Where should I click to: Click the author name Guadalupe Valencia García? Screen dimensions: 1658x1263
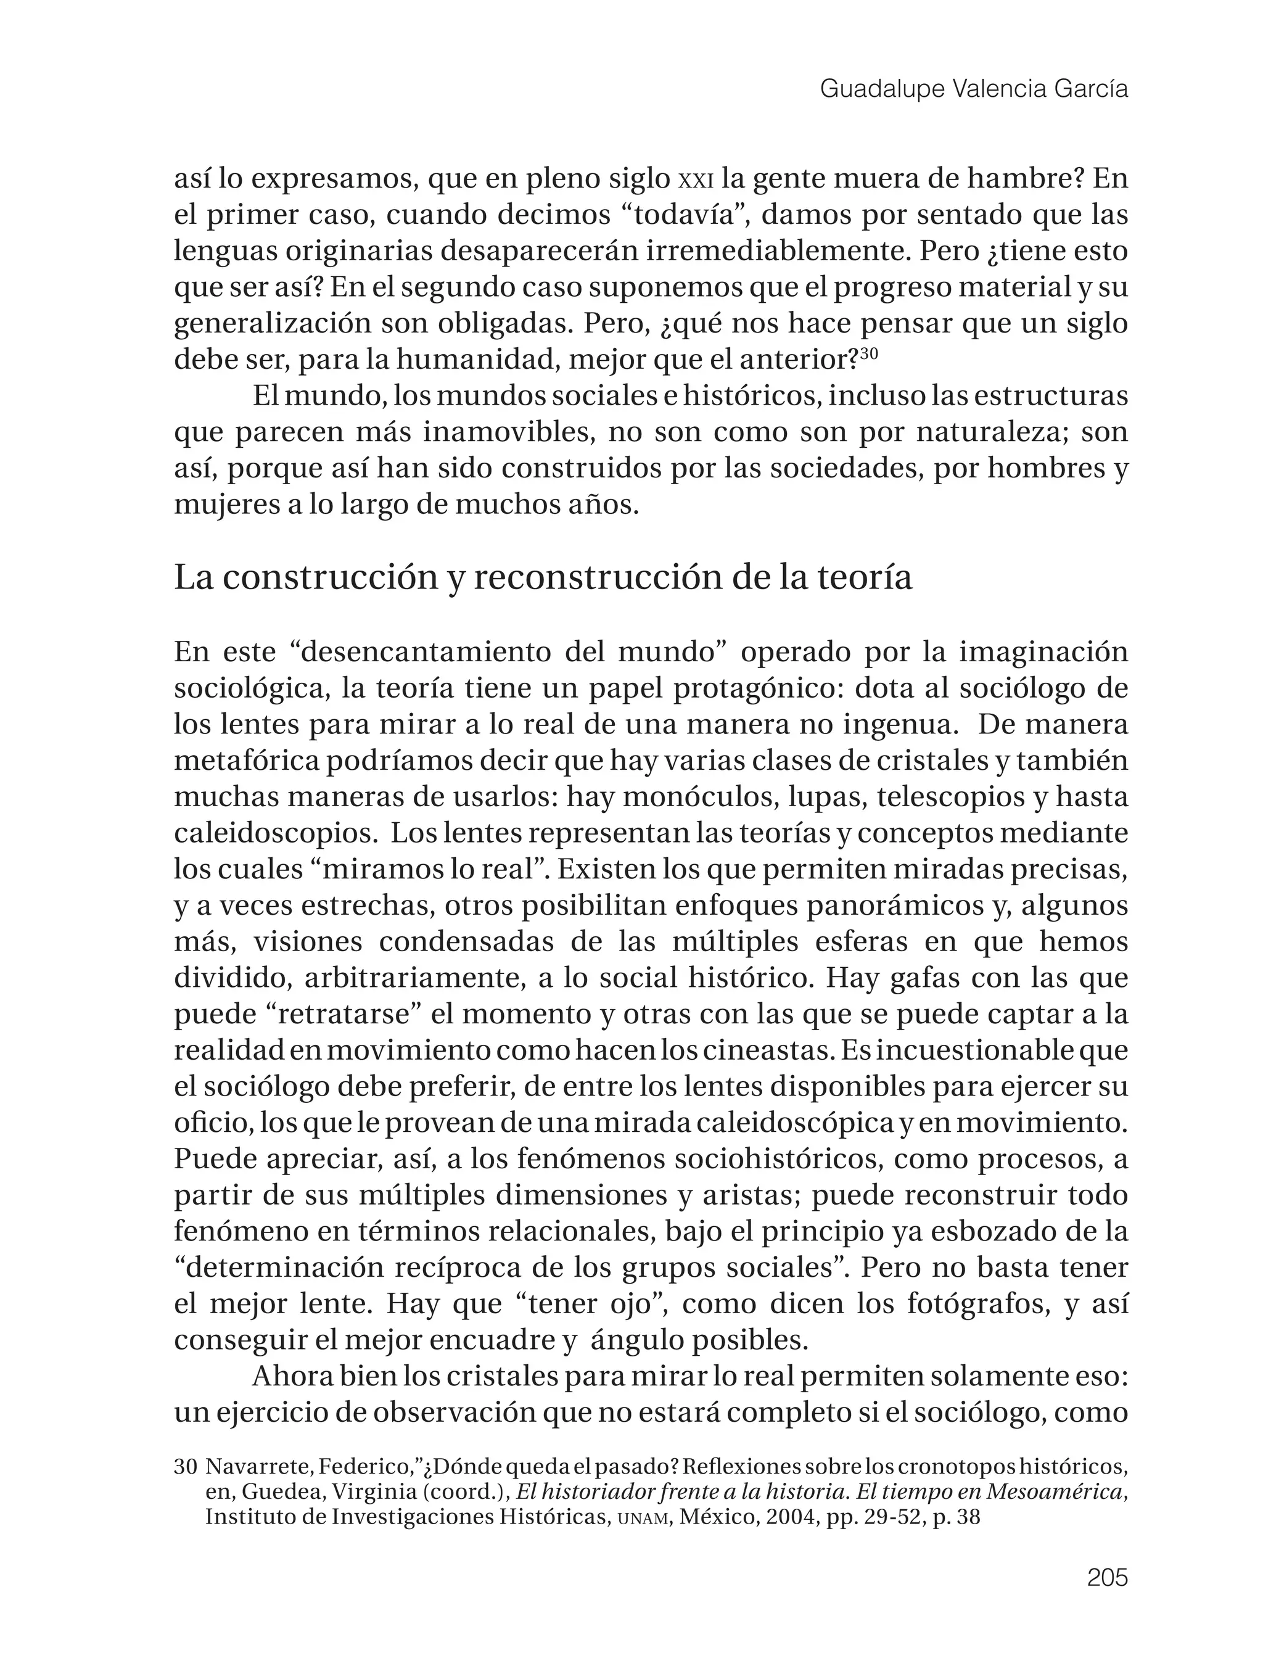(974, 89)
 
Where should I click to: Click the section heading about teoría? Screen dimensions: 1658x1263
(543, 577)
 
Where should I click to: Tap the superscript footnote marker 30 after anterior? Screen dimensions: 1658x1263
(868, 353)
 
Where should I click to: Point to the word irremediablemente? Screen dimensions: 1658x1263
(777, 252)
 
